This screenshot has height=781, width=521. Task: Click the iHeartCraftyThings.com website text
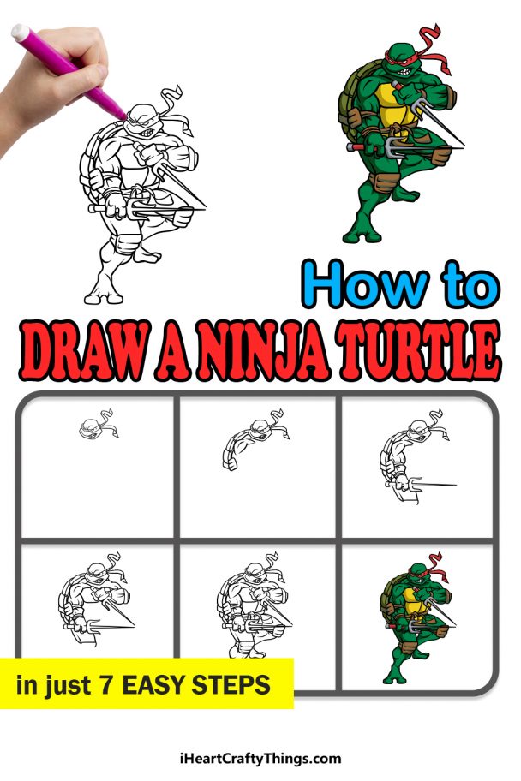coord(260,758)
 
